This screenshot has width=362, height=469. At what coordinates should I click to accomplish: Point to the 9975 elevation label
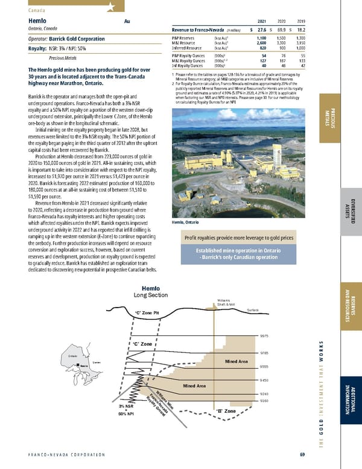[x=264, y=336]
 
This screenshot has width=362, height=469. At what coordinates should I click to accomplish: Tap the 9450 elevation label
[x=264, y=380]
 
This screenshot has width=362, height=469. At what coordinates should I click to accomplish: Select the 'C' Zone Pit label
[x=147, y=312]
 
